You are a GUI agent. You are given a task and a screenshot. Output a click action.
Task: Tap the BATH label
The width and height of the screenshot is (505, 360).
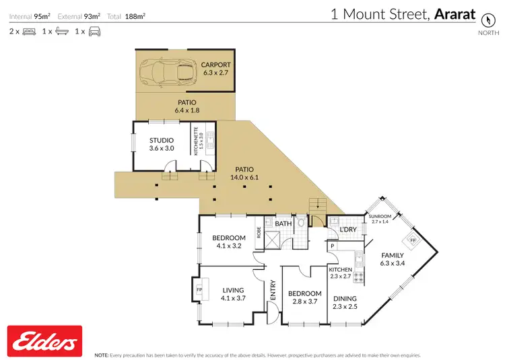[x=283, y=223]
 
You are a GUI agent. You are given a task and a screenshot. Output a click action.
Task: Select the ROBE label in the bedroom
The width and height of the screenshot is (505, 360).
[x=259, y=232]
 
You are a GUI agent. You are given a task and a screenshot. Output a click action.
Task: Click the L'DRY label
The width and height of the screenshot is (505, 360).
[x=347, y=230]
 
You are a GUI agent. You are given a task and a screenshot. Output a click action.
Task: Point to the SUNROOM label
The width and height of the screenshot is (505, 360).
[x=380, y=217]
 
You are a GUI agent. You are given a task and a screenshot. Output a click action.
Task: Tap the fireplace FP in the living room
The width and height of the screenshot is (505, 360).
[x=199, y=291]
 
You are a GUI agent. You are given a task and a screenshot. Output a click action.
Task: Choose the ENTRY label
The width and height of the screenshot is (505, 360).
[x=273, y=290]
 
